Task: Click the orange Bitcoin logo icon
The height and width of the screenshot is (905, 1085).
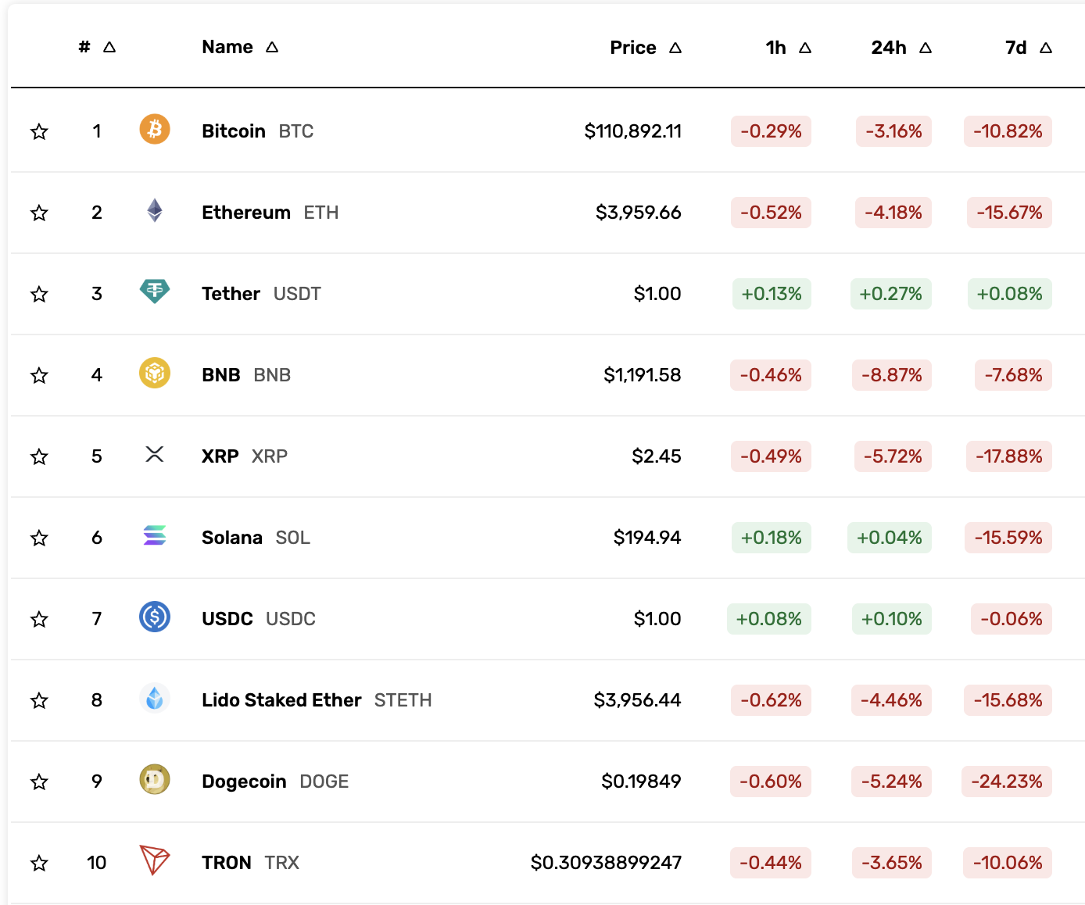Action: pyautogui.click(x=155, y=129)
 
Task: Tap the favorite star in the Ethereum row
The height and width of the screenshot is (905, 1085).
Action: pyautogui.click(x=39, y=213)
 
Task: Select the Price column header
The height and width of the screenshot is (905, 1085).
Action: pyautogui.click(x=632, y=48)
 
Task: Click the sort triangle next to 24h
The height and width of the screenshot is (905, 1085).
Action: pyautogui.click(x=926, y=48)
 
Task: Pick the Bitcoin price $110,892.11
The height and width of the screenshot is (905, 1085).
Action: pyautogui.click(x=632, y=131)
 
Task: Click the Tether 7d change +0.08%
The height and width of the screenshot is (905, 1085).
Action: pyautogui.click(x=1009, y=294)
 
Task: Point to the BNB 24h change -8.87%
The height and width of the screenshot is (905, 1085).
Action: pyautogui.click(x=891, y=375)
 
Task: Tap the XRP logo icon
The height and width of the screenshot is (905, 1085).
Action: pyautogui.click(x=155, y=454)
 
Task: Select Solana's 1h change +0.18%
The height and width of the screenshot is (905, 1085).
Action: pyautogui.click(x=771, y=538)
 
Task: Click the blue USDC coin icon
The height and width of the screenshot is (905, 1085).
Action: pyautogui.click(x=155, y=617)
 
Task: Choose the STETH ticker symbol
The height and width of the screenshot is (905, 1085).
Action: pyautogui.click(x=403, y=700)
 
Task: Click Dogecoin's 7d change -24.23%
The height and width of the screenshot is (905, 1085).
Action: pyautogui.click(x=1007, y=782)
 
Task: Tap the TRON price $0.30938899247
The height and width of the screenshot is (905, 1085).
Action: pyautogui.click(x=606, y=863)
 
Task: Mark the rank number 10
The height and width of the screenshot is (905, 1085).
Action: pyautogui.click(x=96, y=863)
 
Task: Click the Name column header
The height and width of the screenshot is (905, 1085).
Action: pyautogui.click(x=227, y=47)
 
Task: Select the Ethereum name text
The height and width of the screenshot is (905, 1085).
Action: pyautogui.click(x=245, y=213)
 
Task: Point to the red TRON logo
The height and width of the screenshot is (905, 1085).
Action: pyautogui.click(x=155, y=860)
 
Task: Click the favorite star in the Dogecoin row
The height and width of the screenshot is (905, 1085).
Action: pyautogui.click(x=39, y=782)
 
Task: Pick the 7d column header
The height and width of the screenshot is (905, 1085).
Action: pyautogui.click(x=1015, y=48)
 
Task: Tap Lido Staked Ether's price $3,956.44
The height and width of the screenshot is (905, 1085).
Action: pyautogui.click(x=637, y=700)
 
